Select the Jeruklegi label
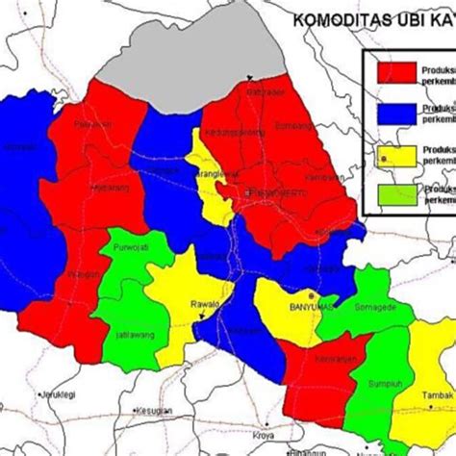57,395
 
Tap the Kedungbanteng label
234,133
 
